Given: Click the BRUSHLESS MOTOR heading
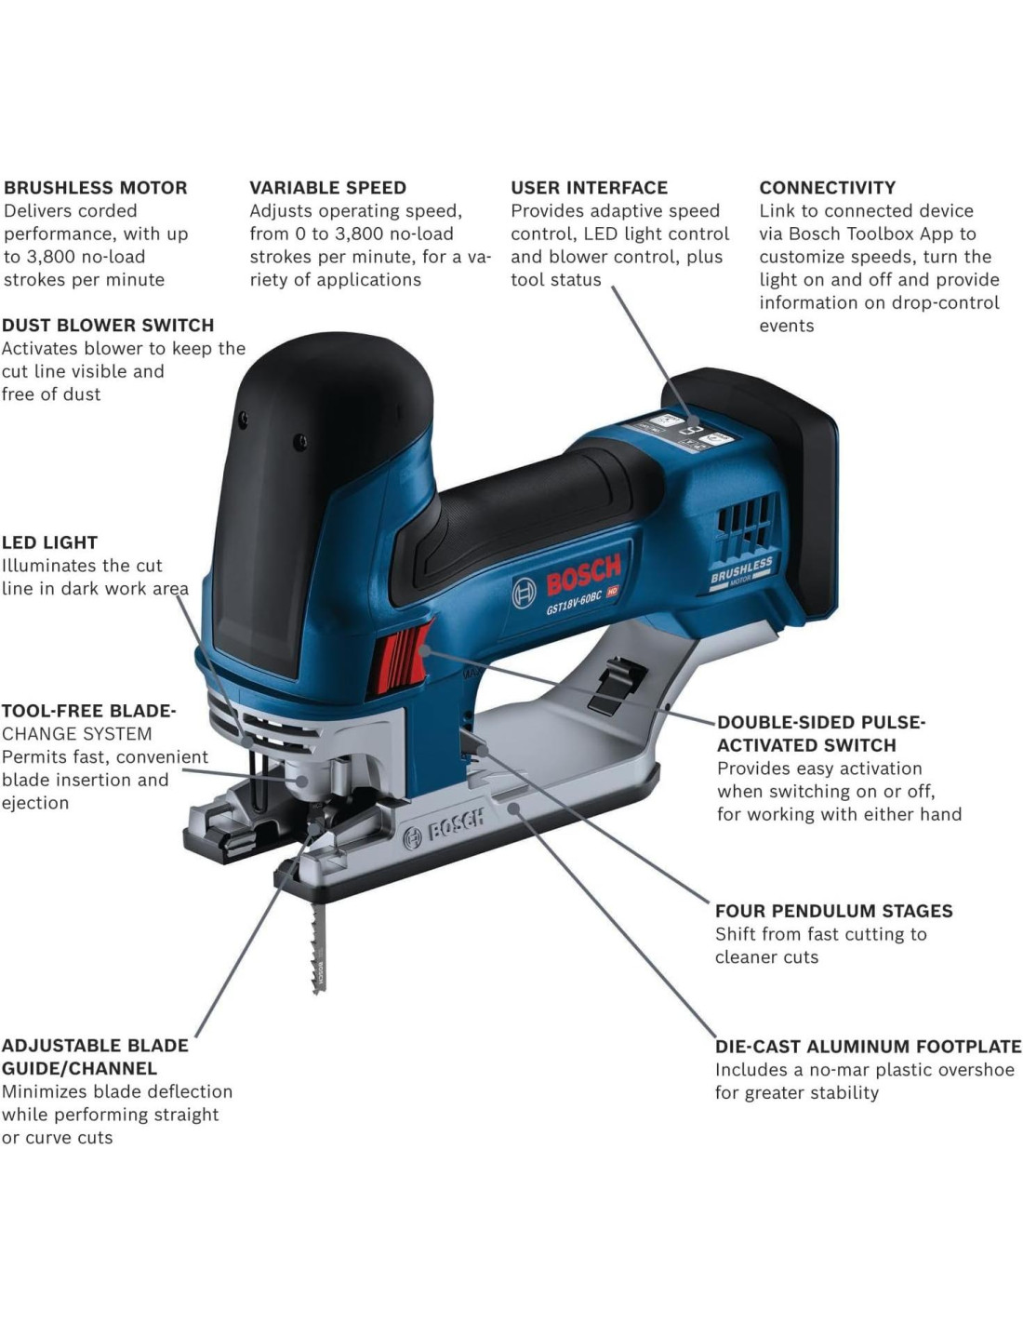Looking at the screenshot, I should click(x=96, y=188).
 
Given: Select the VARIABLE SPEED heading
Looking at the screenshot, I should click(x=327, y=188).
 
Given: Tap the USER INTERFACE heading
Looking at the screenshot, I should click(x=589, y=188).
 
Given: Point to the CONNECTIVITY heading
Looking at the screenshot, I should click(x=827, y=188).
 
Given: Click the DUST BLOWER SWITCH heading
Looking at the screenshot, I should click(x=108, y=326).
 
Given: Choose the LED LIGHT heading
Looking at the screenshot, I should click(x=49, y=542).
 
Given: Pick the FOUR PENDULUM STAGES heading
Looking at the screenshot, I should click(x=833, y=911).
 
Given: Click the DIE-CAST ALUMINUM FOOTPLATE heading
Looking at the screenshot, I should click(x=868, y=1047).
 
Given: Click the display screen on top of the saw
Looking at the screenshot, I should click(x=687, y=431).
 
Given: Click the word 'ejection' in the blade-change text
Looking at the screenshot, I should click(x=35, y=803).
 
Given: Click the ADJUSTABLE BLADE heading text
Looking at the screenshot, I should click(x=95, y=1046).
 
